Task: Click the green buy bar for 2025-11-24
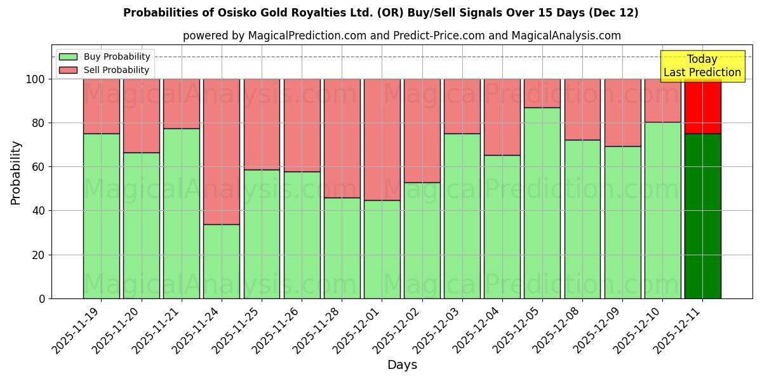(x=222, y=261)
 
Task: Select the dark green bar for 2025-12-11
(x=702, y=216)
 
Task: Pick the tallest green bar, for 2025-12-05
(x=542, y=203)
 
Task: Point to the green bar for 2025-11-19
(x=101, y=216)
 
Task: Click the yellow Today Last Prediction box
(x=702, y=66)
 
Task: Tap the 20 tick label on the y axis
(x=38, y=255)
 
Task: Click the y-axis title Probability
(x=16, y=172)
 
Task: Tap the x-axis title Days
(x=402, y=365)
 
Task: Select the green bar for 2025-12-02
(x=422, y=241)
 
